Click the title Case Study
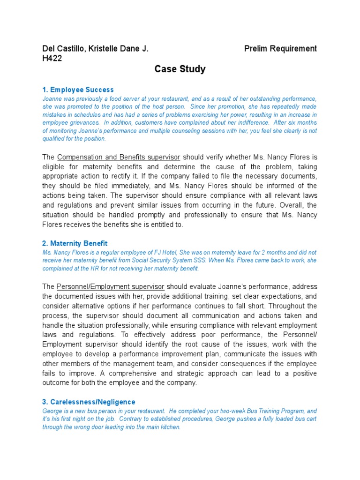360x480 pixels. point(180,69)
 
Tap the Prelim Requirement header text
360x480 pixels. point(280,48)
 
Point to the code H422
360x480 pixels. point(52,58)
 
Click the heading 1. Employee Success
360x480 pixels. point(78,90)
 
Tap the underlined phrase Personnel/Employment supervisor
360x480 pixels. point(111,286)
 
